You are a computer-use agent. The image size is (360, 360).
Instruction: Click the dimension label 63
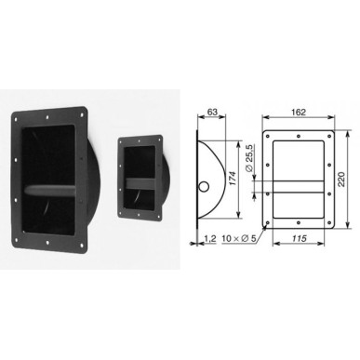pyautogui.click(x=212, y=112)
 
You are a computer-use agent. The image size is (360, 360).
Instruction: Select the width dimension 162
pyautogui.click(x=299, y=112)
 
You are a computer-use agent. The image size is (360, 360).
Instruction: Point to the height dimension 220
pyautogui.click(x=341, y=180)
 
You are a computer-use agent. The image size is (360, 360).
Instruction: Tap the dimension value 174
pyautogui.click(x=233, y=179)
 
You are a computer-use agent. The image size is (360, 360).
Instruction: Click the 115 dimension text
pyautogui.click(x=299, y=238)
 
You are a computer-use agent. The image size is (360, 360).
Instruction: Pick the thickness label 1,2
pyautogui.click(x=210, y=238)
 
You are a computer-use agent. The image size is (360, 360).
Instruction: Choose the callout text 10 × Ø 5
pyautogui.click(x=239, y=238)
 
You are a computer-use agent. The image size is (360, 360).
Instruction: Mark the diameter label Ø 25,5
pyautogui.click(x=249, y=158)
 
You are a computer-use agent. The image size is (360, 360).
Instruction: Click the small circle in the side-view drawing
pyautogui.click(x=204, y=187)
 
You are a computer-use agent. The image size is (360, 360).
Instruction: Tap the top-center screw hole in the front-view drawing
pyautogui.click(x=299, y=136)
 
